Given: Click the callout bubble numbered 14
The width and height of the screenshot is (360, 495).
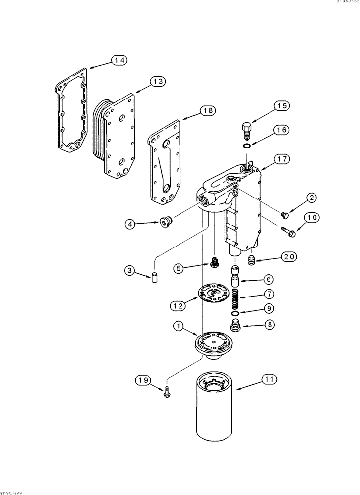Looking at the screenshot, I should pyautogui.click(x=118, y=60).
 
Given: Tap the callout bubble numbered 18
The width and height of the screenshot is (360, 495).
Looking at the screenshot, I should pyautogui.click(x=208, y=111).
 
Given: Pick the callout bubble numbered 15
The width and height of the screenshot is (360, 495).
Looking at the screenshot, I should pyautogui.click(x=282, y=105).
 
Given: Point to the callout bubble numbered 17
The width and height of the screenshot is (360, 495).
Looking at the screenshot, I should pyautogui.click(x=282, y=159).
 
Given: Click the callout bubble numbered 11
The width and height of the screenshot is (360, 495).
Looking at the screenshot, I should pyautogui.click(x=270, y=380).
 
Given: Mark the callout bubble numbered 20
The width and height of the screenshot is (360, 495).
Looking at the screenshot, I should pyautogui.click(x=290, y=256).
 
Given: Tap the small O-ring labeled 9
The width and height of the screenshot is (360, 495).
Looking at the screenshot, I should pyautogui.click(x=236, y=314).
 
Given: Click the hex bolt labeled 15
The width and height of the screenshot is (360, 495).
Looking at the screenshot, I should pyautogui.click(x=246, y=131).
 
